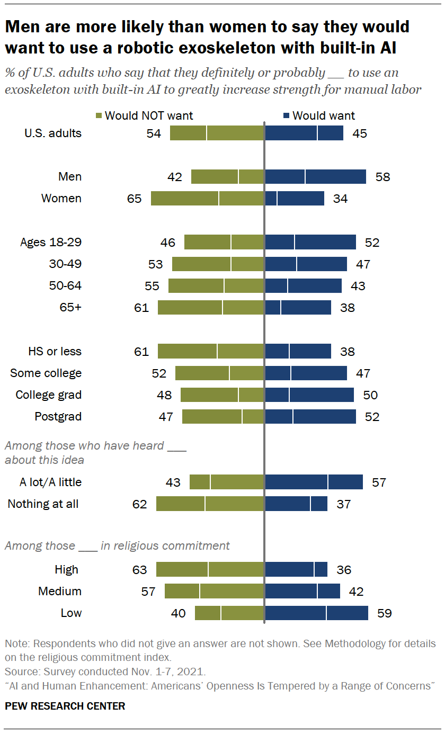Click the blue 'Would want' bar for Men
click(x=315, y=176)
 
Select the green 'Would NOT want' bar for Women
click(x=208, y=199)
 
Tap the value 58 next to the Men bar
click(x=382, y=177)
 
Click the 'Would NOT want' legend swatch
click(x=99, y=115)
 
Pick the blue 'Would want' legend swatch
click(x=286, y=115)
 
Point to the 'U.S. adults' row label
click(x=53, y=133)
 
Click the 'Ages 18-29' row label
click(x=51, y=242)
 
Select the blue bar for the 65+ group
click(x=298, y=308)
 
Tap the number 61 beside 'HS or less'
click(x=141, y=352)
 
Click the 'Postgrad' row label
click(x=58, y=417)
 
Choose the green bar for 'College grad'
click(x=222, y=395)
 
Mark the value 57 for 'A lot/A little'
click(x=379, y=482)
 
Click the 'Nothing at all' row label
click(x=43, y=504)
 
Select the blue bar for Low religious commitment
click(x=316, y=613)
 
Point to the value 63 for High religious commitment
click(x=140, y=570)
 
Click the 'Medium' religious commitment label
click(x=60, y=591)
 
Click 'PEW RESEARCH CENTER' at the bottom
click(x=65, y=706)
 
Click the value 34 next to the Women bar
click(x=340, y=199)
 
